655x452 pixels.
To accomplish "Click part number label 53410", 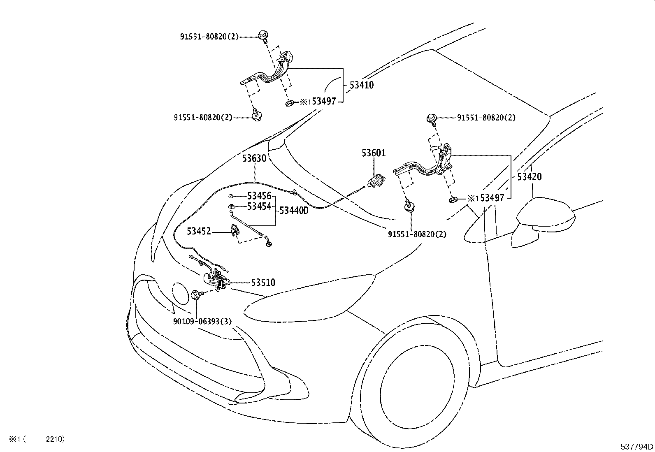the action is pyautogui.click(x=361, y=85).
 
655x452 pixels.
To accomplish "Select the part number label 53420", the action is pyautogui.click(x=529, y=176).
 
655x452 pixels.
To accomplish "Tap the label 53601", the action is pyautogui.click(x=374, y=153).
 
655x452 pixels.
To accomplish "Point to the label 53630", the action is pyautogui.click(x=254, y=158).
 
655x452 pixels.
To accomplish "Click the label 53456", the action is pyautogui.click(x=259, y=196).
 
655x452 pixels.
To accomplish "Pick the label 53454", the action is pyautogui.click(x=259, y=206).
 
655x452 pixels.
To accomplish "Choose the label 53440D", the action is pyautogui.click(x=294, y=211).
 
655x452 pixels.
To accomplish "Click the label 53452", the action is pyautogui.click(x=199, y=231).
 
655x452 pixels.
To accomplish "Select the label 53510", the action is pyautogui.click(x=263, y=283).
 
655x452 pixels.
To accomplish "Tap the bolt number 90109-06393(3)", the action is pyautogui.click(x=202, y=321).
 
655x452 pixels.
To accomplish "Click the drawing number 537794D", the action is pyautogui.click(x=637, y=446).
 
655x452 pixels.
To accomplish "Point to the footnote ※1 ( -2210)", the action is pyautogui.click(x=37, y=439).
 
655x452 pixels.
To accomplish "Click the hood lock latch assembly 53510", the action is pyautogui.click(x=217, y=280).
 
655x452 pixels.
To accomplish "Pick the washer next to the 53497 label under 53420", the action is pyautogui.click(x=453, y=200).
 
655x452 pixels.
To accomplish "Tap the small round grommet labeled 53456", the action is pyautogui.click(x=231, y=196).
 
